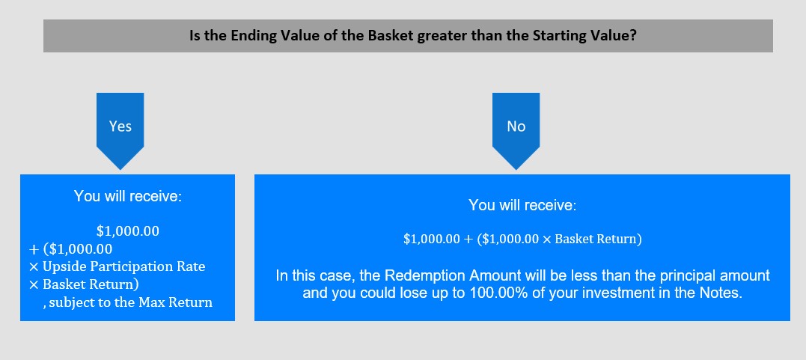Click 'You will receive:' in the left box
tap(128, 196)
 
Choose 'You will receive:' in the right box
tap(523, 205)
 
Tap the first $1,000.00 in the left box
tap(128, 231)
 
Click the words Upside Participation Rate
tap(124, 267)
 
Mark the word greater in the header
tap(439, 37)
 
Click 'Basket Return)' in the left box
tap(91, 284)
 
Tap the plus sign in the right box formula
tap(468, 240)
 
